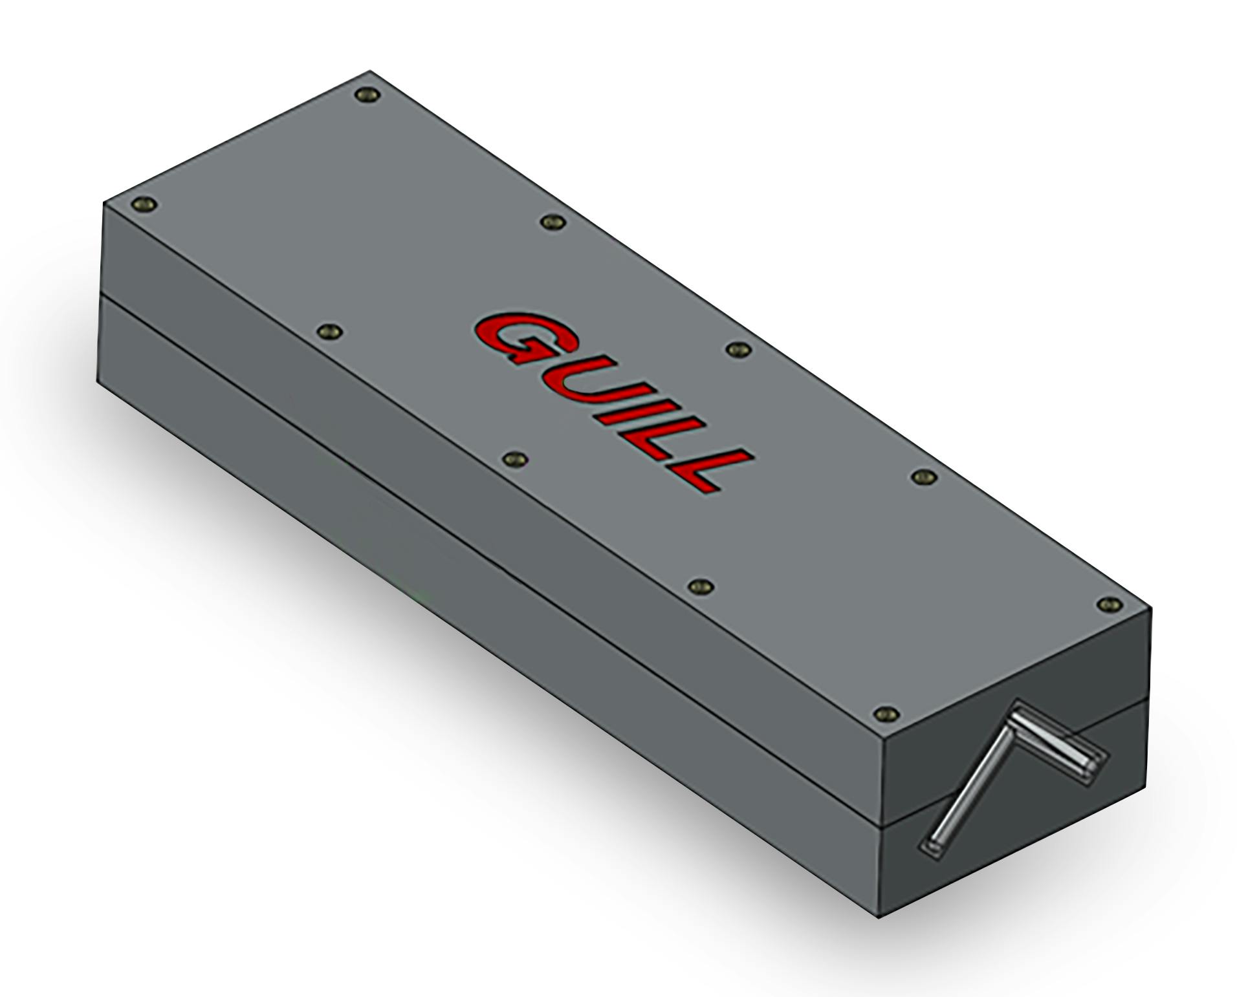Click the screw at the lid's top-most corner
pos(367,96)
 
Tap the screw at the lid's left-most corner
pos(144,206)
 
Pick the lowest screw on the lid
pos(886,714)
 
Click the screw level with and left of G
pos(331,332)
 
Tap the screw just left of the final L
pos(516,459)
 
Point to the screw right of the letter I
pos(737,349)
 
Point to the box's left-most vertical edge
pos(100,291)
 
